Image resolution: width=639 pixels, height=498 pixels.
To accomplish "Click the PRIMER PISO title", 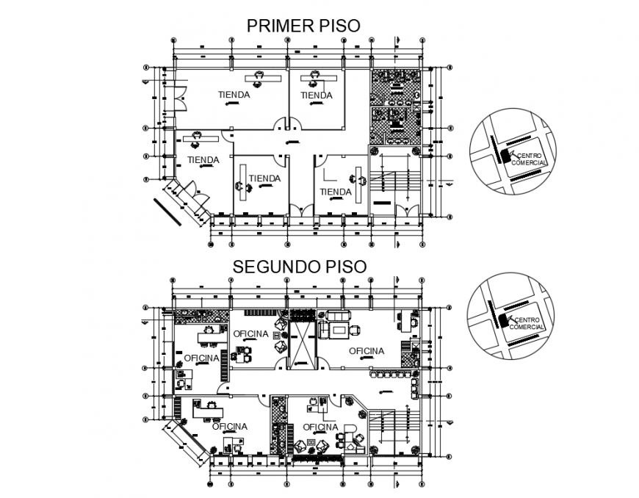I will pyautogui.click(x=303, y=26).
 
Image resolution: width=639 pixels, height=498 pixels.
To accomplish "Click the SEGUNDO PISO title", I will pyautogui.click(x=298, y=265).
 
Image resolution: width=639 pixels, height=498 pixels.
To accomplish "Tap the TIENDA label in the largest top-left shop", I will pyautogui.click(x=234, y=95).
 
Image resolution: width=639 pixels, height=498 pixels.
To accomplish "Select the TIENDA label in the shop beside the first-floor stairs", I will pyautogui.click(x=336, y=192).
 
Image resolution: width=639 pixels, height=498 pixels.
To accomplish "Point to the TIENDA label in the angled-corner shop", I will pyautogui.click(x=203, y=160).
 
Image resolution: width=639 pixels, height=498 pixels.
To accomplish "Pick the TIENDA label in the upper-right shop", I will pyautogui.click(x=317, y=95).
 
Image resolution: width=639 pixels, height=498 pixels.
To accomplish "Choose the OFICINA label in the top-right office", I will pyautogui.click(x=366, y=351).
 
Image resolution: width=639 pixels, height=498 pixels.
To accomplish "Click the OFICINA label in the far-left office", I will pyautogui.click(x=201, y=358).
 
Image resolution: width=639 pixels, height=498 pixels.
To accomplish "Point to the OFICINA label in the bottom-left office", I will pyautogui.click(x=228, y=426).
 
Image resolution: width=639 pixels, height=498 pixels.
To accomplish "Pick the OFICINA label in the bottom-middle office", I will pyautogui.click(x=319, y=427).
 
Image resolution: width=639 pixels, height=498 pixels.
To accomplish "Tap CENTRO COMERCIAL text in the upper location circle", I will pyautogui.click(x=531, y=159).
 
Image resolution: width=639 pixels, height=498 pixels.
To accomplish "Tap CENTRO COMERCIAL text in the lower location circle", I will pyautogui.click(x=527, y=323).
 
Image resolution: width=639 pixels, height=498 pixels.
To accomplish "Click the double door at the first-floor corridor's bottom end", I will pyautogui.click(x=301, y=211).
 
